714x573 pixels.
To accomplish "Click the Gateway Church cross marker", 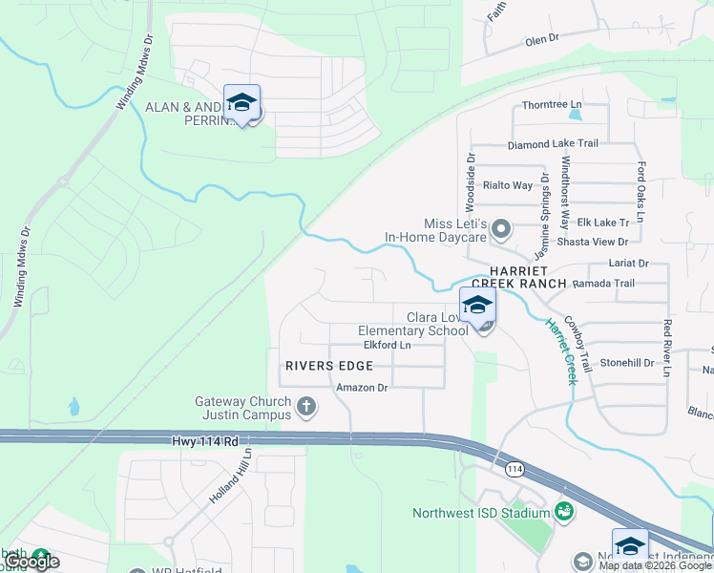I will (306, 407).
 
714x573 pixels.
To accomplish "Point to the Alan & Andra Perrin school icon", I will (241, 103).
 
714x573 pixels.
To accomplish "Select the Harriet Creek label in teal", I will (560, 350).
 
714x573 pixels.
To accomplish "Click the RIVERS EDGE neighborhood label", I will (327, 366).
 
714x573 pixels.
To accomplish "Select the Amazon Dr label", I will (362, 388).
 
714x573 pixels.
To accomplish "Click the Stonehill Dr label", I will (626, 363).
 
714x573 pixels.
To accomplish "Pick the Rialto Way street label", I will (508, 185).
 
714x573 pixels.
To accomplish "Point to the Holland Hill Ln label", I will (230, 477).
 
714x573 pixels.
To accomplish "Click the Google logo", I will (31, 562).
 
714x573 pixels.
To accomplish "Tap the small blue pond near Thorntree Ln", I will (575, 116).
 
